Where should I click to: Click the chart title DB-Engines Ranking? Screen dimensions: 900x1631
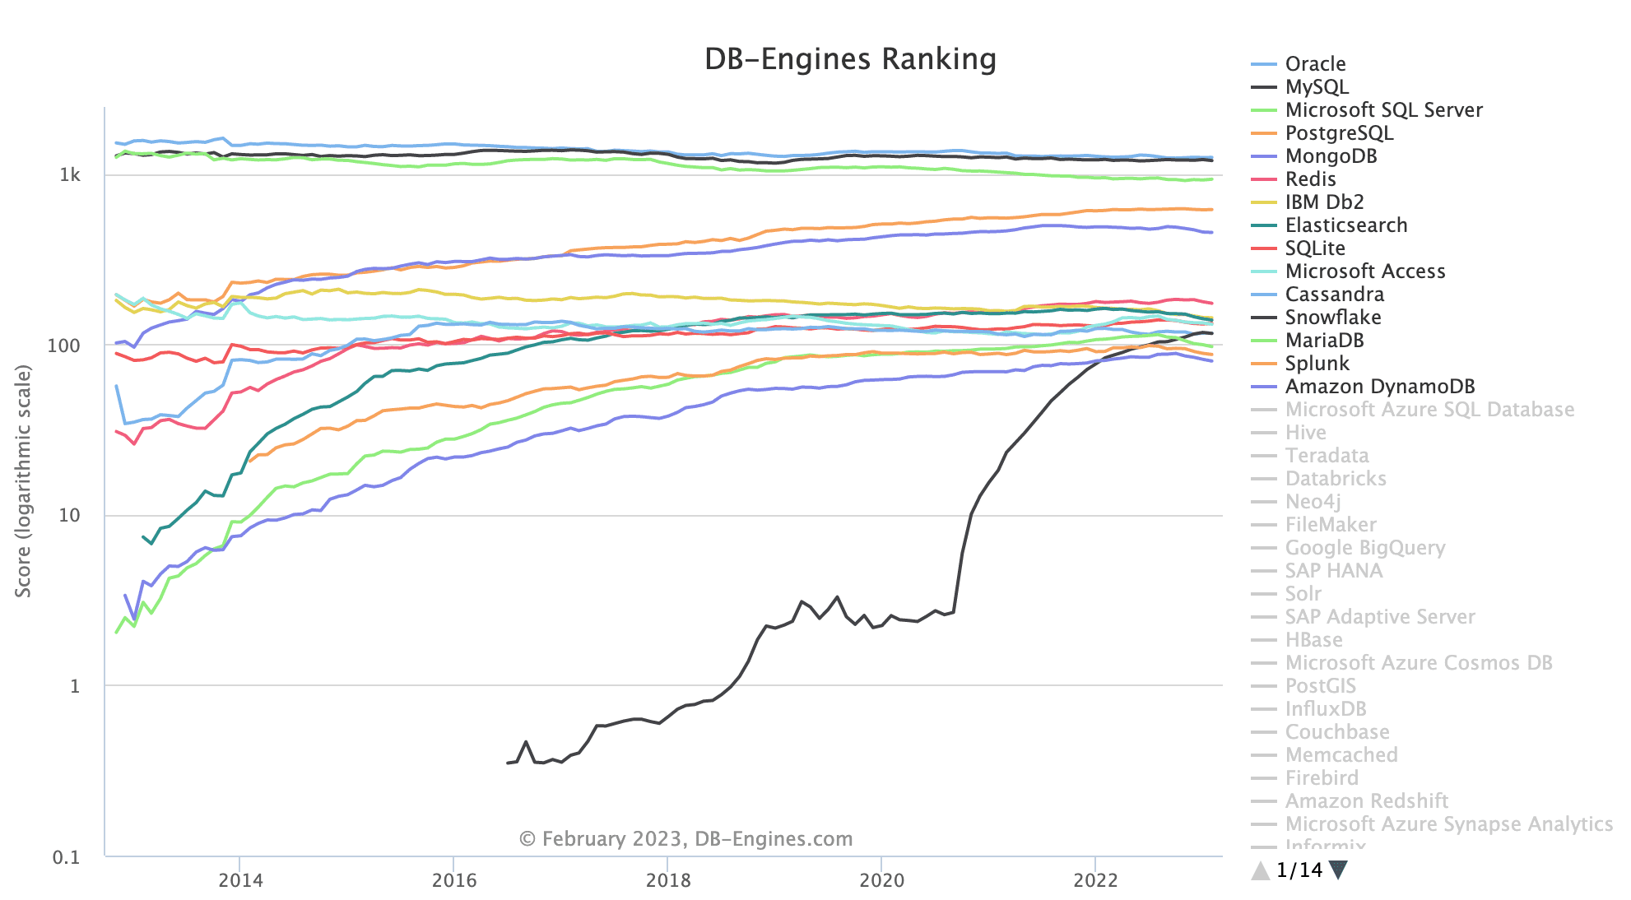pos(850,59)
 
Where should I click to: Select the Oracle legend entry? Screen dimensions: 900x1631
pos(1315,64)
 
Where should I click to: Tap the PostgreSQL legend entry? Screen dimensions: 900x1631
pos(1339,133)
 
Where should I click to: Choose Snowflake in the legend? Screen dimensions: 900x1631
pos(1333,318)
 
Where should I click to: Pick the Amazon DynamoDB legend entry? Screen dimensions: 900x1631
pos(1379,387)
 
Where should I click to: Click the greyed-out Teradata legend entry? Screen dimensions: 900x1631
pos(1327,456)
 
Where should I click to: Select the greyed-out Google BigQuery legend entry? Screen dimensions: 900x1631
pos(1364,548)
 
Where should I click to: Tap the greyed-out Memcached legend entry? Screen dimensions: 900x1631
pos(1341,755)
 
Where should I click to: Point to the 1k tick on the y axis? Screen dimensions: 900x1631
pos(70,175)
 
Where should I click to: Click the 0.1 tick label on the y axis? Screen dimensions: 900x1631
pos(67,857)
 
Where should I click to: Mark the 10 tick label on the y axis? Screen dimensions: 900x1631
pos(69,516)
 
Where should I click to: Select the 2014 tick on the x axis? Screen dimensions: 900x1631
pos(240,880)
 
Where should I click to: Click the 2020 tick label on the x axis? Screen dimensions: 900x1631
pos(881,880)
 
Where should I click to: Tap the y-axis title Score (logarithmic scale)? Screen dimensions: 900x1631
pos(23,481)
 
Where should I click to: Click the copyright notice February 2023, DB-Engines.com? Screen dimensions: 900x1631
pos(686,839)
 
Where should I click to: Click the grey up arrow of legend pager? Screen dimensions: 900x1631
pos(1261,870)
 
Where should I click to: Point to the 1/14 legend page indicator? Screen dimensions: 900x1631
pos(1299,870)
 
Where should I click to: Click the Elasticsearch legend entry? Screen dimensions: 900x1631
pos(1345,225)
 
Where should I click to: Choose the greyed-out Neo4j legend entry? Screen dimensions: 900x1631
pos(1313,502)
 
